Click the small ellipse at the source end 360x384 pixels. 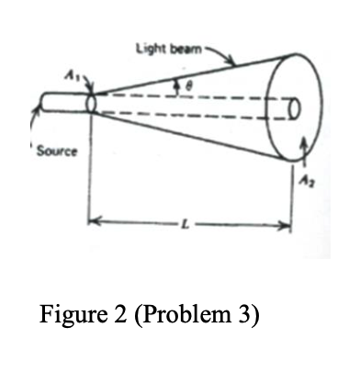click(91, 103)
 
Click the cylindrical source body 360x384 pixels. click(62, 103)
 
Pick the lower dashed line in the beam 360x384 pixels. click(184, 116)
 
